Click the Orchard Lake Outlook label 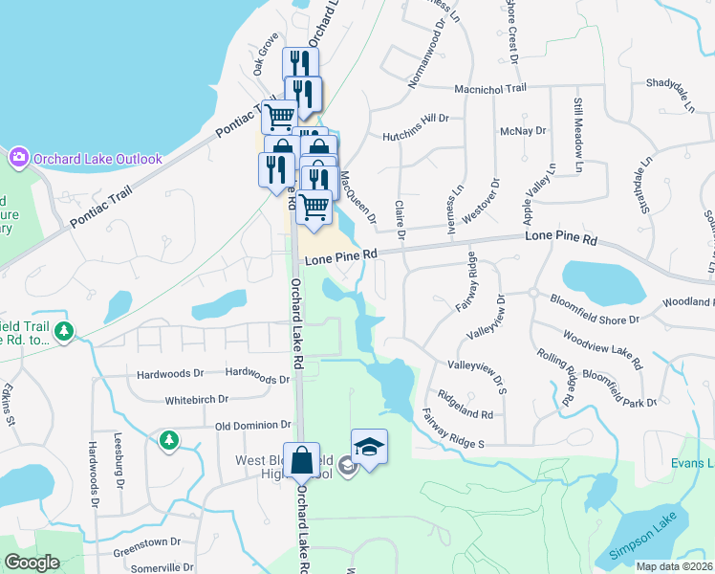pyautogui.click(x=97, y=159)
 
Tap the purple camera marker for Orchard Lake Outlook pyautogui.click(x=18, y=157)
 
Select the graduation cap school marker pyautogui.click(x=369, y=447)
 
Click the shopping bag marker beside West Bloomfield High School pyautogui.click(x=302, y=461)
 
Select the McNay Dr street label pyautogui.click(x=522, y=130)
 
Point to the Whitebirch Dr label pyautogui.click(x=197, y=399)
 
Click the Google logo pyautogui.click(x=32, y=563)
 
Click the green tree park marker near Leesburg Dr pyautogui.click(x=169, y=440)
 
